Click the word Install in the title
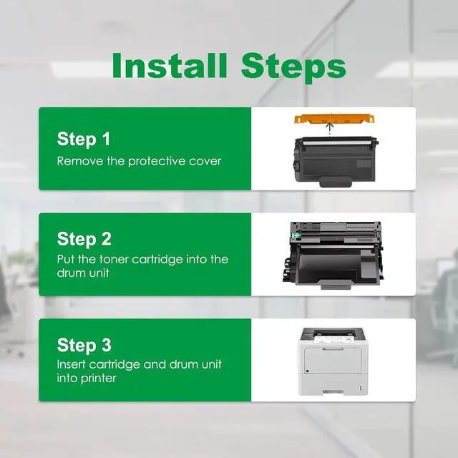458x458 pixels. point(170,65)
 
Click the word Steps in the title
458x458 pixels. point(293,69)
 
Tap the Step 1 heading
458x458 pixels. point(84,139)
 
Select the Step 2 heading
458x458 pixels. point(84,239)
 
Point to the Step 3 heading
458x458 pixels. point(84,345)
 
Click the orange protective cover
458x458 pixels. point(334,120)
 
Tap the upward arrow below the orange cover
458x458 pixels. point(330,129)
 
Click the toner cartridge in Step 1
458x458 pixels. point(336,162)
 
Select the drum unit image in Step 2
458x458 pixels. point(332,255)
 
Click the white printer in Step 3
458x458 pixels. point(333,361)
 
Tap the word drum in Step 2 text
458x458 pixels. point(71,273)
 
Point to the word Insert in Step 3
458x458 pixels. point(72,364)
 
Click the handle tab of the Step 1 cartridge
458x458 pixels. point(336,182)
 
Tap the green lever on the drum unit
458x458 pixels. point(296,235)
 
